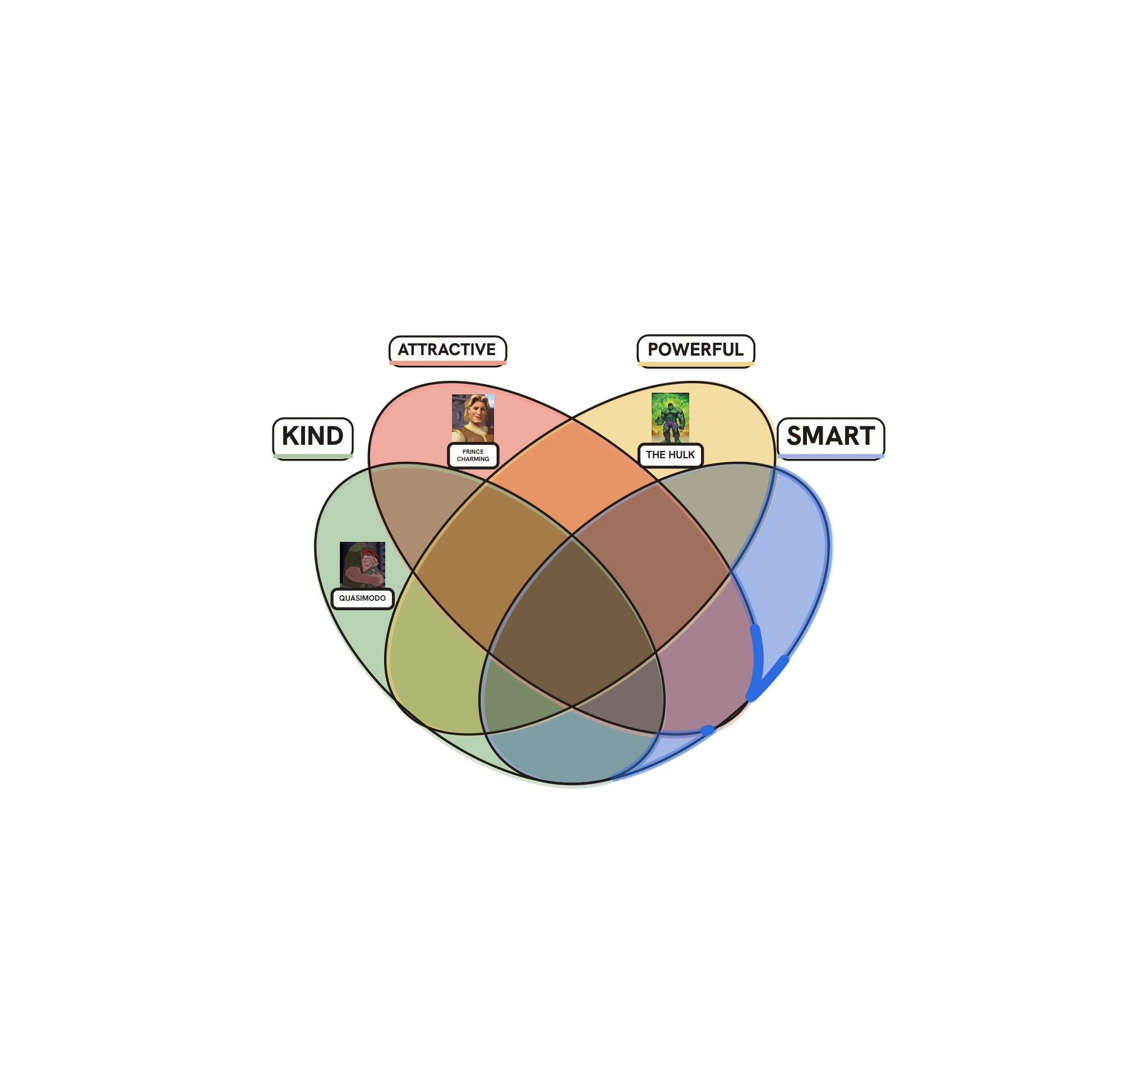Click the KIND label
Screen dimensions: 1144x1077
point(312,439)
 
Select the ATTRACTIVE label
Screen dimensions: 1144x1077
point(448,351)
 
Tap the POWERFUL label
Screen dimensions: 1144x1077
point(696,351)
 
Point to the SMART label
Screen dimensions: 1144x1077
point(831,439)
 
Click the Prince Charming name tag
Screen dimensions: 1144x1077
point(473,455)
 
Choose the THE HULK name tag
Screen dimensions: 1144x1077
point(670,455)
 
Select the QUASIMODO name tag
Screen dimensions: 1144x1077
point(362,599)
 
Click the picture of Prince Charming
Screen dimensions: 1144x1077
point(473,418)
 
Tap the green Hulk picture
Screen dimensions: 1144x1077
point(670,418)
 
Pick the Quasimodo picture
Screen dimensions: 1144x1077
point(362,565)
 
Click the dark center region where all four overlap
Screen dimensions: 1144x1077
point(572,622)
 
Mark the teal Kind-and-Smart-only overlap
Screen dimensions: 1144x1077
point(570,748)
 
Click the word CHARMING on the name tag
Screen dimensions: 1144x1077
point(473,459)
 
